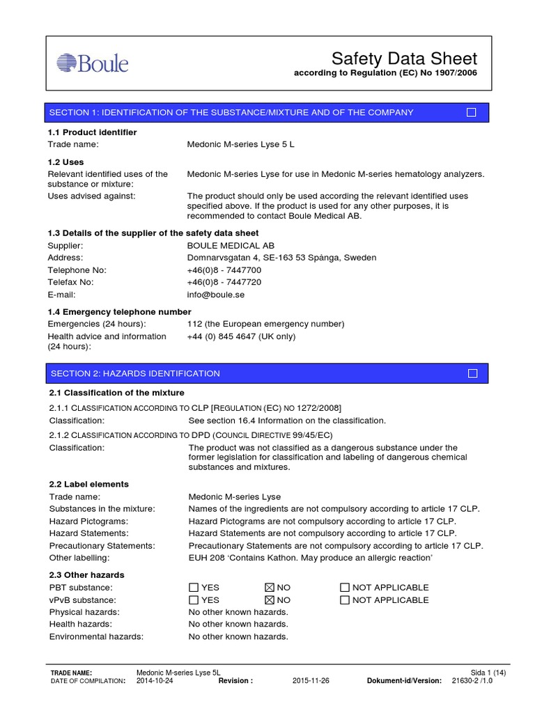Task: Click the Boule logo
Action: (93, 63)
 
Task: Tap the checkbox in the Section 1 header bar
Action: (472, 113)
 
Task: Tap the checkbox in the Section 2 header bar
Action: (473, 374)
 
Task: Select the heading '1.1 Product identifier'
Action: (92, 132)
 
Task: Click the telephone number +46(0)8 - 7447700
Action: (224, 270)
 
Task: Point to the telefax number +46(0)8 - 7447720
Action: (224, 283)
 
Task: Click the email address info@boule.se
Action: (216, 295)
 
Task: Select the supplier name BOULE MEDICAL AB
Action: (231, 246)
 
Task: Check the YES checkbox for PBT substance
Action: (193, 588)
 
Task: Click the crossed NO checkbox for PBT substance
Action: (269, 588)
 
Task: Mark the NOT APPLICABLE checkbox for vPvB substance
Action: (344, 600)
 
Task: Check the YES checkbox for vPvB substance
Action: (193, 600)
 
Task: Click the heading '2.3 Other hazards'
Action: (87, 575)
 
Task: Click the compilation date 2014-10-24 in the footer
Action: (155, 681)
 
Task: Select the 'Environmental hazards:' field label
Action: (96, 637)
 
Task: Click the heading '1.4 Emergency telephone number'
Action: (119, 312)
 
